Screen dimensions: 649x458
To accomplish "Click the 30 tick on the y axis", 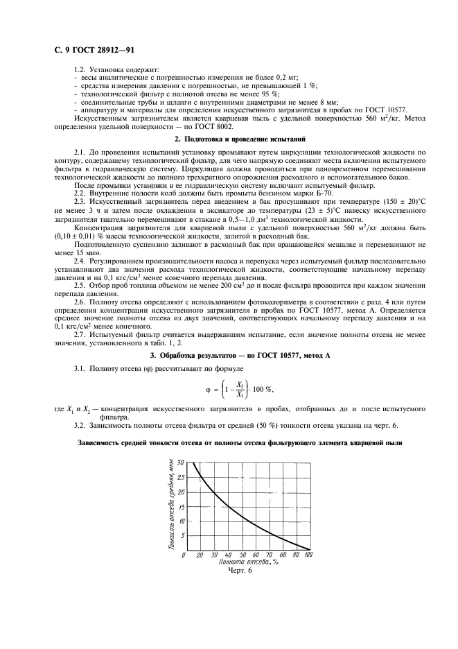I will [181, 462].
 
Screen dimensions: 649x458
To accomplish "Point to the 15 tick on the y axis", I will [181, 506].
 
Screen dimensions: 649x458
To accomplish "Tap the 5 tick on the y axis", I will [182, 535].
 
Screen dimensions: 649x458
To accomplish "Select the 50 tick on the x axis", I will [243, 555].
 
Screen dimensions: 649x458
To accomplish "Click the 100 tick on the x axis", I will [308, 555].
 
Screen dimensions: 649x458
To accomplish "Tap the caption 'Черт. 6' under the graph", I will [240, 572].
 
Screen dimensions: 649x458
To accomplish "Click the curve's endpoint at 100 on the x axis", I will [308, 549].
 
